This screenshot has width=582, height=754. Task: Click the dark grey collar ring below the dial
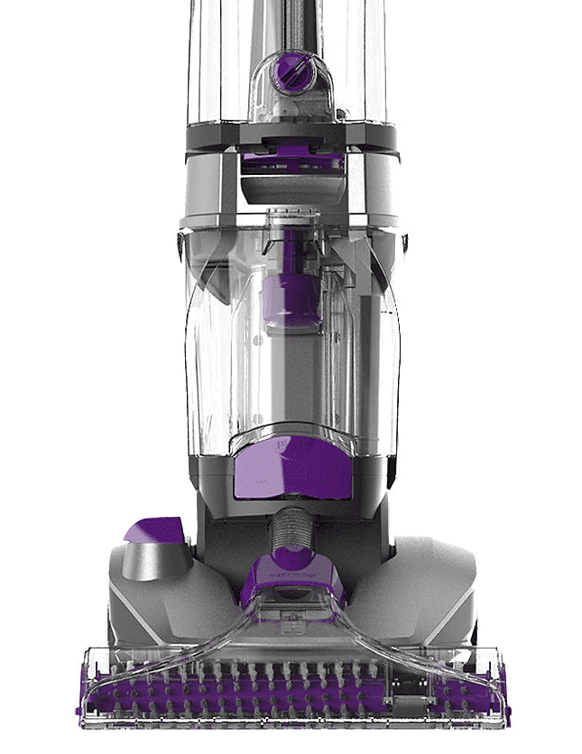pyautogui.click(x=291, y=135)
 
